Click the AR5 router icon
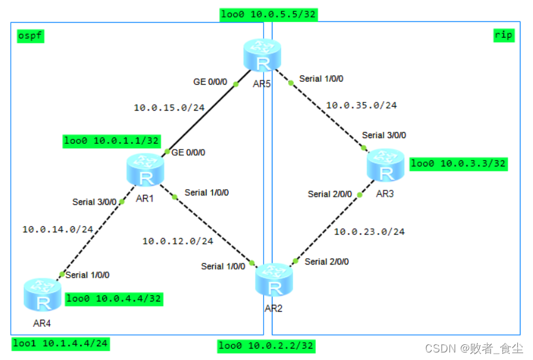[x=262, y=55]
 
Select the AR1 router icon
[x=146, y=170]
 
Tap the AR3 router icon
[x=385, y=165]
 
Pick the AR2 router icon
[x=274, y=280]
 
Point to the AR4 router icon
[x=43, y=295]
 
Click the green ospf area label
[x=30, y=36]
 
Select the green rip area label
[x=503, y=35]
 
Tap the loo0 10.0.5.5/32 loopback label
[x=269, y=14]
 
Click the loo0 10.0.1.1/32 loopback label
[x=112, y=141]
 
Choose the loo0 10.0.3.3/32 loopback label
[x=458, y=164]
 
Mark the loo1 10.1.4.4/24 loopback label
[x=60, y=344]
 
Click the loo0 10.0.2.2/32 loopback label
[x=266, y=346]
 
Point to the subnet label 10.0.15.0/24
[x=170, y=108]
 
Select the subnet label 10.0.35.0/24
[x=362, y=106]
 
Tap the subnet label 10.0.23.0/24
[x=369, y=232]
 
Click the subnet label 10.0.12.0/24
[x=178, y=241]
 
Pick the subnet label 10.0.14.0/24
[x=58, y=230]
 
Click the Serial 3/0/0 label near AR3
[x=384, y=136]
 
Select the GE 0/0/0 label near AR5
[x=210, y=82]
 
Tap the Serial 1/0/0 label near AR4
[x=87, y=275]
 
